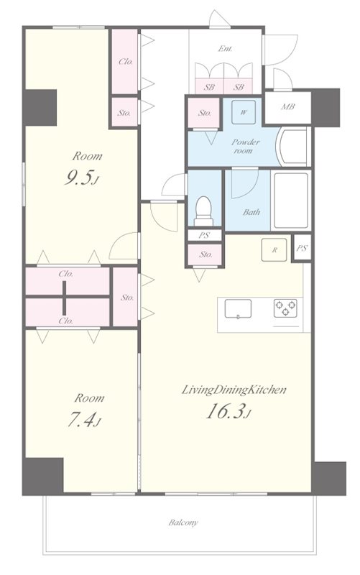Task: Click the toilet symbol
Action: (203, 211)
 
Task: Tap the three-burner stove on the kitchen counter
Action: (285, 308)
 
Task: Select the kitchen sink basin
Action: (238, 309)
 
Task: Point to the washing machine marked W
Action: (244, 112)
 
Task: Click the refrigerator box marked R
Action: (274, 250)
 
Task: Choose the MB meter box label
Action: (287, 107)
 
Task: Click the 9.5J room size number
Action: (81, 178)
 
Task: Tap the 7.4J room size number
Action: (83, 420)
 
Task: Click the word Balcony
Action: (183, 523)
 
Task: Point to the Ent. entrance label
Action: (225, 48)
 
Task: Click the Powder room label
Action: (245, 146)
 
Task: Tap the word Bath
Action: (251, 212)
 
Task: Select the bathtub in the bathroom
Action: (291, 201)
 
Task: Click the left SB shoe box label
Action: (209, 87)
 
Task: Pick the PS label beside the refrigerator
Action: (301, 248)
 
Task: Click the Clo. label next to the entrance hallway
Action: (125, 62)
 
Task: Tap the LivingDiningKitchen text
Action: (234, 390)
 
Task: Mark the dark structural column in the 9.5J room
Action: (40, 108)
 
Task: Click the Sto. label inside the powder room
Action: (205, 113)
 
